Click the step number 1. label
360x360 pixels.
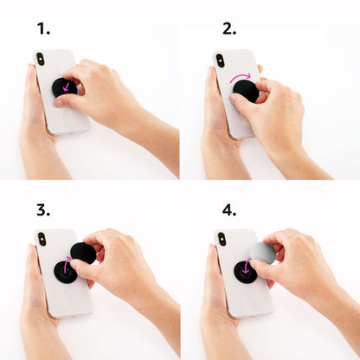pyautogui.click(x=43, y=29)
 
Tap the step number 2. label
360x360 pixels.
pyautogui.click(x=228, y=29)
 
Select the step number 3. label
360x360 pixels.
pyautogui.click(x=43, y=209)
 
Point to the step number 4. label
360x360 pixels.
pyautogui.click(x=228, y=209)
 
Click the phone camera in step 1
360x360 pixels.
pyautogui.click(x=38, y=59)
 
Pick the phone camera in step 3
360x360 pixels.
pyautogui.click(x=40, y=240)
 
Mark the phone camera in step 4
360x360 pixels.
pyautogui.click(x=222, y=240)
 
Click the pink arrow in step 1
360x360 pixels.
pyautogui.click(x=66, y=87)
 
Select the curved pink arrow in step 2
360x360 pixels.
pyautogui.click(x=241, y=78)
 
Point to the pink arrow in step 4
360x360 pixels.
pyautogui.click(x=246, y=267)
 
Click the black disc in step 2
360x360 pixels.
pyautogui.click(x=246, y=91)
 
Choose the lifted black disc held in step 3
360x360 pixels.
pyautogui.click(x=83, y=253)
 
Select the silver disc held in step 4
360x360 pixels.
pyautogui.click(x=263, y=253)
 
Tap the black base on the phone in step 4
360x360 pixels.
pyautogui.click(x=245, y=272)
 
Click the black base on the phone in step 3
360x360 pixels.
pyautogui.click(x=66, y=272)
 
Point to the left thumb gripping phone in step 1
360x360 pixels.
pyautogui.click(x=33, y=80)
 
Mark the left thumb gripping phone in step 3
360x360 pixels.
pyautogui.click(x=33, y=260)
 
